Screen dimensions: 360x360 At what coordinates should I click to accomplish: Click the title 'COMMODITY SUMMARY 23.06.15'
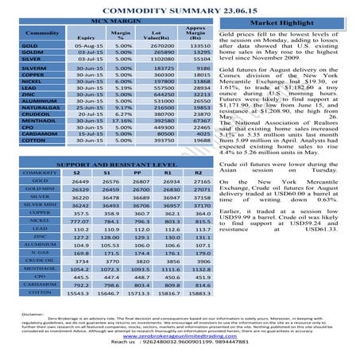tap(180, 6)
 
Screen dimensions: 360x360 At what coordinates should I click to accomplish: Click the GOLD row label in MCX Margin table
tap(32, 46)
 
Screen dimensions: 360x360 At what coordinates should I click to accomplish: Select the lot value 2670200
tap(161, 46)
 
